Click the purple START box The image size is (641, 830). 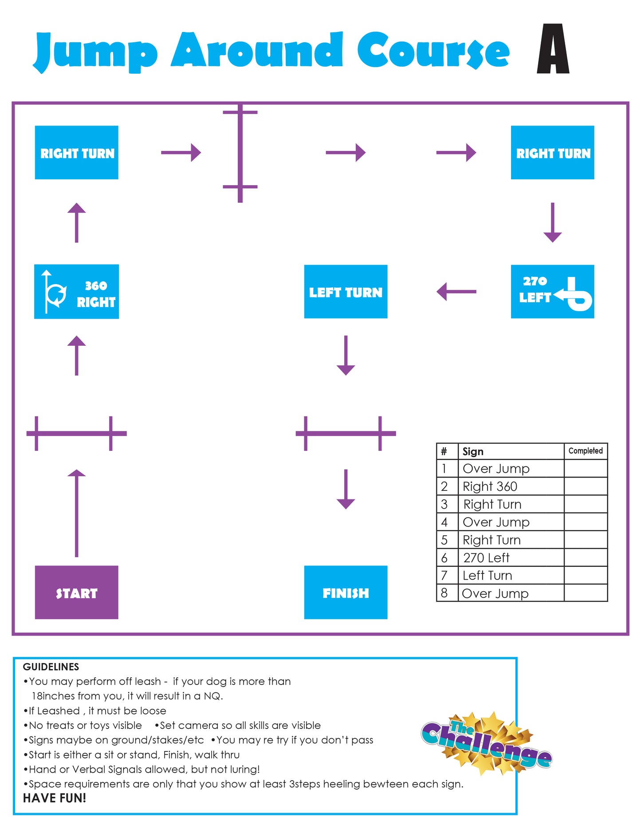coord(76,592)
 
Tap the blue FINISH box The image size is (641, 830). coord(346,592)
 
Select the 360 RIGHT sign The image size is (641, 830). coord(76,292)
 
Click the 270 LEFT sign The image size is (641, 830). coord(552,292)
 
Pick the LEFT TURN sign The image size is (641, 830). coord(346,292)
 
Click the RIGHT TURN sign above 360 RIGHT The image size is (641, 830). coord(76,153)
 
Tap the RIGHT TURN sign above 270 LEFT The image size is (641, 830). coord(552,153)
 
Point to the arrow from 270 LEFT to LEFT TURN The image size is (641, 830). coord(456,292)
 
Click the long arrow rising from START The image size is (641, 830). coord(76,513)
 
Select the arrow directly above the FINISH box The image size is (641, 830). coord(346,489)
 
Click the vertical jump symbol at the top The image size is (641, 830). coord(240,153)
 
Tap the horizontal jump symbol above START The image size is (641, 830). coord(76,433)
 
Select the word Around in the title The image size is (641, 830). coord(257,50)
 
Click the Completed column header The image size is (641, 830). coord(586,451)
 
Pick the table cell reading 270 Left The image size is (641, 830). coord(486,557)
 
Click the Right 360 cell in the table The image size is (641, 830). coord(490,486)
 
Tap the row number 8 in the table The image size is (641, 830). coord(444,593)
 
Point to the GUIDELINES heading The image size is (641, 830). coord(51,667)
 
